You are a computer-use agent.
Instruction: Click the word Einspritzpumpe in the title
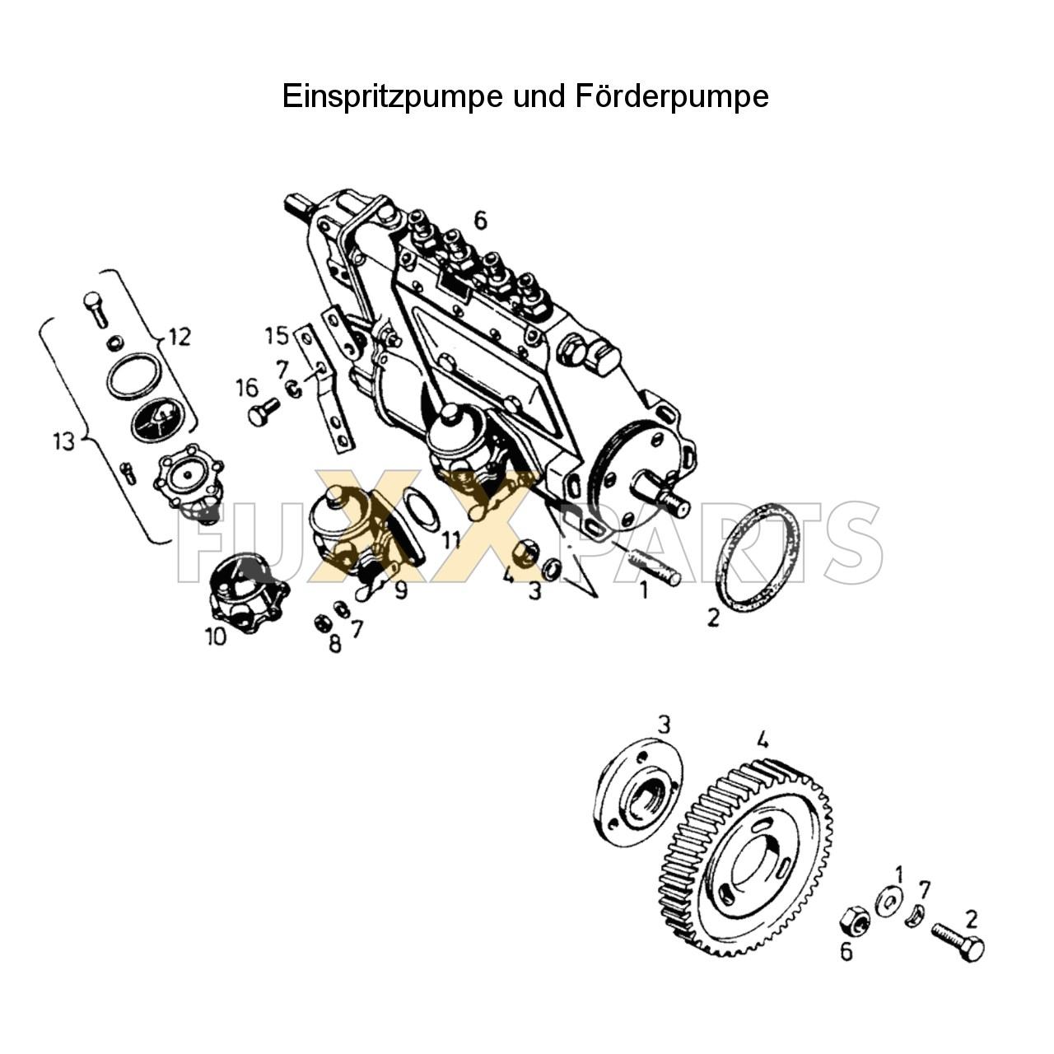[392, 96]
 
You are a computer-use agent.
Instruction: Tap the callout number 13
[63, 441]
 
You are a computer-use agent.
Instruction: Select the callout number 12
[179, 336]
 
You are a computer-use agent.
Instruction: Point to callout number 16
[246, 387]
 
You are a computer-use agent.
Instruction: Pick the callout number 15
[277, 336]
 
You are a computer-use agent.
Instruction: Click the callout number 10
[216, 636]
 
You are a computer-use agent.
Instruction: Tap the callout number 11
[450, 540]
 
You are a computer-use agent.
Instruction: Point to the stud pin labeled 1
[656, 568]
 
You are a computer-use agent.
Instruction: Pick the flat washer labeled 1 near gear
[888, 902]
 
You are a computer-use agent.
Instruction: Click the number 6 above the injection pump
[480, 220]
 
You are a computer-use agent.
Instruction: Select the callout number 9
[400, 590]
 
